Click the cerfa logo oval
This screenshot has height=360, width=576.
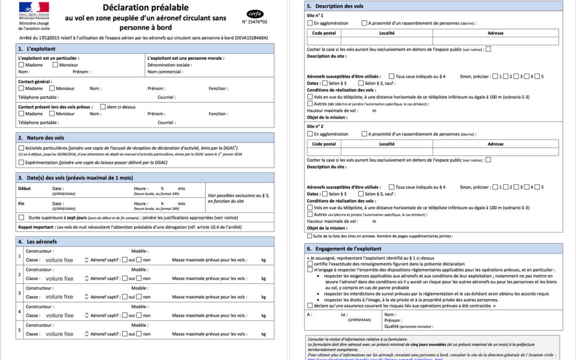pyautogui.click(x=255, y=14)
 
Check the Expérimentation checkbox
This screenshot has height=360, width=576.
pyautogui.click(x=21, y=162)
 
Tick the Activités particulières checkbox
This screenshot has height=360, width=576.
pyautogui.click(x=21, y=148)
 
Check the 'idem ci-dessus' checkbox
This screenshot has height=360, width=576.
pyautogui.click(x=102, y=107)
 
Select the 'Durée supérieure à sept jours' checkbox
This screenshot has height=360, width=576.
pyautogui.click(x=21, y=218)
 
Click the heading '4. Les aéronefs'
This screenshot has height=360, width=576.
pyautogui.click(x=38, y=242)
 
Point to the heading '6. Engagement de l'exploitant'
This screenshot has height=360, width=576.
pyautogui.click(x=344, y=249)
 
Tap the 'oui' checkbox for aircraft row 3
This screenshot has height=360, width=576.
pyautogui.click(x=124, y=297)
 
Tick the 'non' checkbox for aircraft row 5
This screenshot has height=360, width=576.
pyautogui.click(x=139, y=334)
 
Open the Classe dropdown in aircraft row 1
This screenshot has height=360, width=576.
pyautogui.click(x=86, y=260)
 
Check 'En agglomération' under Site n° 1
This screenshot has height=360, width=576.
pyautogui.click(x=310, y=23)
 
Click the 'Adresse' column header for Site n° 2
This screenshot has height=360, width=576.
pyautogui.click(x=495, y=144)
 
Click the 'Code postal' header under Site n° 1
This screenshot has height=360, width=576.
pyautogui.click(x=324, y=33)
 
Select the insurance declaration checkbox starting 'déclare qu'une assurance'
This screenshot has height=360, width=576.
pyautogui.click(x=310, y=306)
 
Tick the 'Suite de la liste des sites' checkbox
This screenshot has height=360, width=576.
pyautogui.click(x=310, y=236)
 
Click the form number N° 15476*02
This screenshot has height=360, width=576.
pyautogui.click(x=255, y=22)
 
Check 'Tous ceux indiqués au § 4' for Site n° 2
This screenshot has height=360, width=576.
pyautogui.click(x=392, y=187)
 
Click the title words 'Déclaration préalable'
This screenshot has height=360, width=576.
pyautogui.click(x=146, y=7)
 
